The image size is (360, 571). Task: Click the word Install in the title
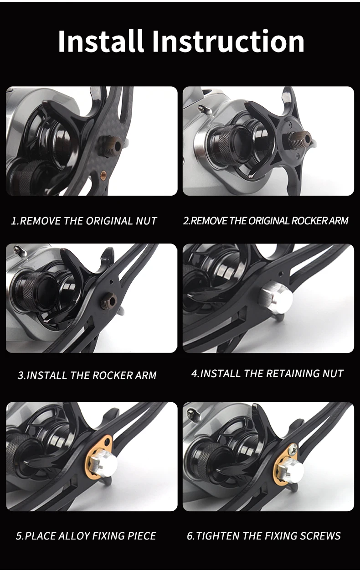(101, 41)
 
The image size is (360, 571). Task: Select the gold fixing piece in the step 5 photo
(98, 457)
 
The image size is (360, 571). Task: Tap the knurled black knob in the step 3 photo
(29, 289)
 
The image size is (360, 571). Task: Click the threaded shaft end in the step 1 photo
(111, 144)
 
